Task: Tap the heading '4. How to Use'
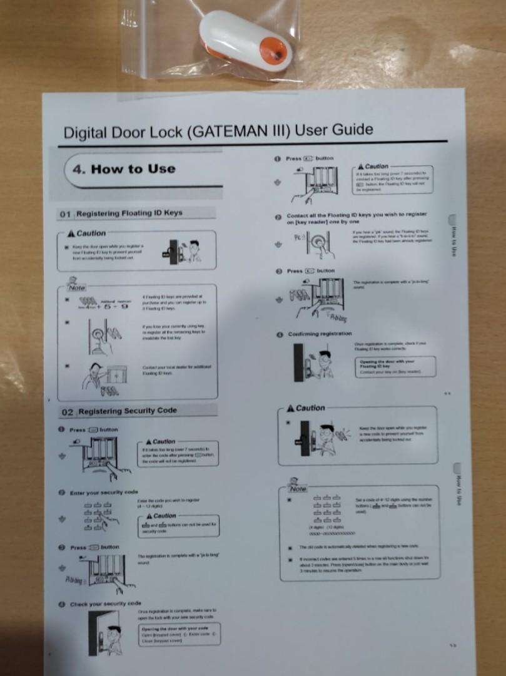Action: (124, 169)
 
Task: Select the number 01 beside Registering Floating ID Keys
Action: (66, 214)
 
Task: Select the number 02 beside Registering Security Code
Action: (68, 411)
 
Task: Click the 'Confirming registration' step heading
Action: (319, 334)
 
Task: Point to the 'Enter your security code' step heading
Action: (103, 493)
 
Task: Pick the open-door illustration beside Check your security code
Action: (104, 632)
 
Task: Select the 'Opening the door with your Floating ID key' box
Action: (395, 367)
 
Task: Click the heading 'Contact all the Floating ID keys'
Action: (357, 218)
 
